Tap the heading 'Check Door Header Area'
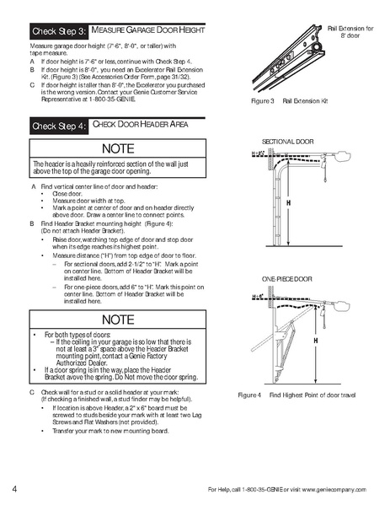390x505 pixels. pyautogui.click(x=140, y=125)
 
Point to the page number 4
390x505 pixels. pyautogui.click(x=15, y=490)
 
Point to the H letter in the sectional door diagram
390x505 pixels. pyautogui.click(x=288, y=204)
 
